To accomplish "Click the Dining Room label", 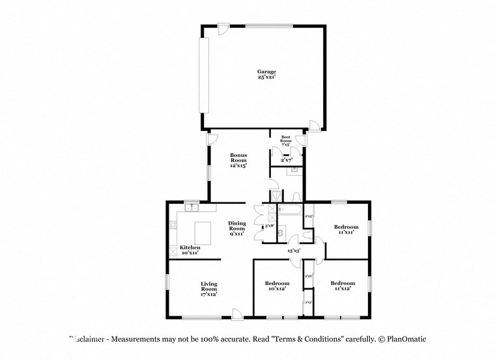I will tap(236, 228).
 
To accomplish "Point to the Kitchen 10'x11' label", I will tap(190, 250).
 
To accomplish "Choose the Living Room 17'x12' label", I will tap(208, 288).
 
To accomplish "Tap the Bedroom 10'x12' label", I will tap(276, 286).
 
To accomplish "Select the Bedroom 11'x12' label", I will tap(343, 286).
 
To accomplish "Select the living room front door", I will tap(238, 314).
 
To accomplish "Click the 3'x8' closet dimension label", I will tap(268, 226).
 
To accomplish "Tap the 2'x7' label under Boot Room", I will tap(287, 159).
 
